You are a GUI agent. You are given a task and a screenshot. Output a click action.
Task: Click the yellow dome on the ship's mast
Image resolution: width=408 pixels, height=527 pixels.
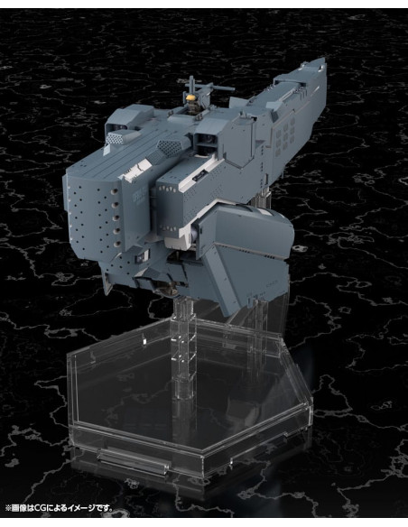[190, 98]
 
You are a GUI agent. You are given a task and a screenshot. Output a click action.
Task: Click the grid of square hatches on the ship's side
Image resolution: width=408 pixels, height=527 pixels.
[285, 142]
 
